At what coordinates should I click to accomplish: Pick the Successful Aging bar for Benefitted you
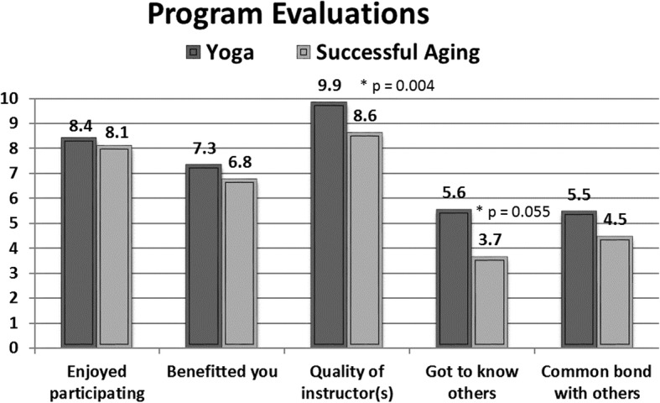[239, 262]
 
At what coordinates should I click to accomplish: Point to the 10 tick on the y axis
[10, 98]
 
